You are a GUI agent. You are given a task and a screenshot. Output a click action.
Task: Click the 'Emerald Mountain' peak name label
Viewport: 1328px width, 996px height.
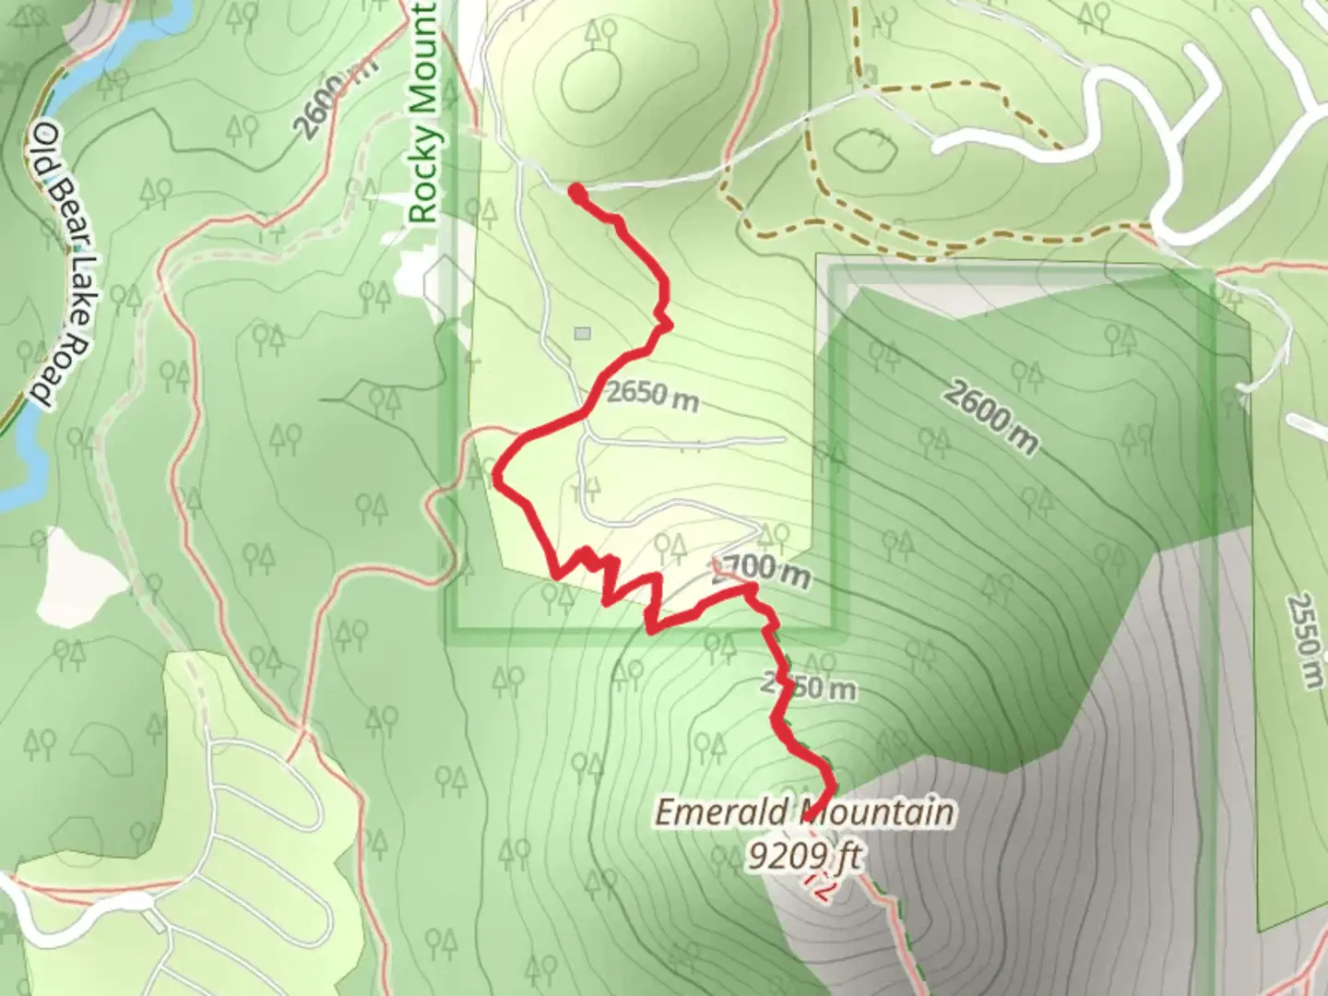click(x=804, y=812)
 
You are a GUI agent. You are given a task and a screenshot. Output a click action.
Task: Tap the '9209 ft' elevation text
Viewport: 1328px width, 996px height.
click(x=804, y=858)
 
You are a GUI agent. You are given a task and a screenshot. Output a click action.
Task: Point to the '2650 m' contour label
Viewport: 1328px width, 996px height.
click(x=652, y=395)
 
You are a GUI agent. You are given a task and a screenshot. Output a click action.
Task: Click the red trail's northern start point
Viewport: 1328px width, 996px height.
click(x=576, y=192)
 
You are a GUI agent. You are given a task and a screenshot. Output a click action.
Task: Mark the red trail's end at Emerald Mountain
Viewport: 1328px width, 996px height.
click(x=809, y=816)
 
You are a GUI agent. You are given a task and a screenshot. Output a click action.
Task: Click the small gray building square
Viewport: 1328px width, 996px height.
click(x=581, y=333)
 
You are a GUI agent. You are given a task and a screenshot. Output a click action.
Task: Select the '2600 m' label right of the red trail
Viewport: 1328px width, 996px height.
click(x=990, y=418)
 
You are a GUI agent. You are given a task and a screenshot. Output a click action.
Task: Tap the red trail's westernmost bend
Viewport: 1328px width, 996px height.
click(x=498, y=477)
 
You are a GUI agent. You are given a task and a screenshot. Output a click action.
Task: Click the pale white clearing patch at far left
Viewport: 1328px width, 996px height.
click(x=78, y=576)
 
